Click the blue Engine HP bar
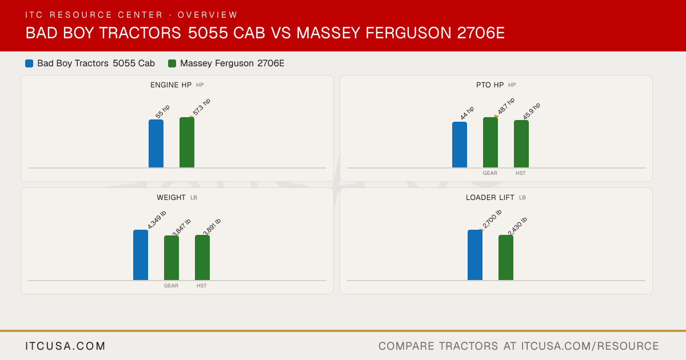click(156, 143)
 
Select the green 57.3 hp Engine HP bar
click(187, 142)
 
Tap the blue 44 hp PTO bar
click(460, 145)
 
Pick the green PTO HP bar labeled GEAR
click(490, 142)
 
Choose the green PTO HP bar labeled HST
click(521, 144)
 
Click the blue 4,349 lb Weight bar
click(141, 255)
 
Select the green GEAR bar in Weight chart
click(171, 258)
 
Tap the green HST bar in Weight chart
click(202, 258)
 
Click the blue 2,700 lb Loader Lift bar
click(475, 255)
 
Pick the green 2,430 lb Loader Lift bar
click(506, 258)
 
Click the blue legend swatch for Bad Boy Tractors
click(29, 63)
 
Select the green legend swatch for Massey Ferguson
click(172, 63)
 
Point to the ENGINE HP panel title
click(171, 85)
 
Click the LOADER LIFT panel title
click(490, 198)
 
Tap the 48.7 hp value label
click(506, 106)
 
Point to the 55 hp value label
click(162, 112)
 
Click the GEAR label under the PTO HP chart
click(490, 173)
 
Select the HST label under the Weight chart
click(201, 286)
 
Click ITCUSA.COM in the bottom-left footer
click(65, 346)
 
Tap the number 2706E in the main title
click(481, 33)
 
